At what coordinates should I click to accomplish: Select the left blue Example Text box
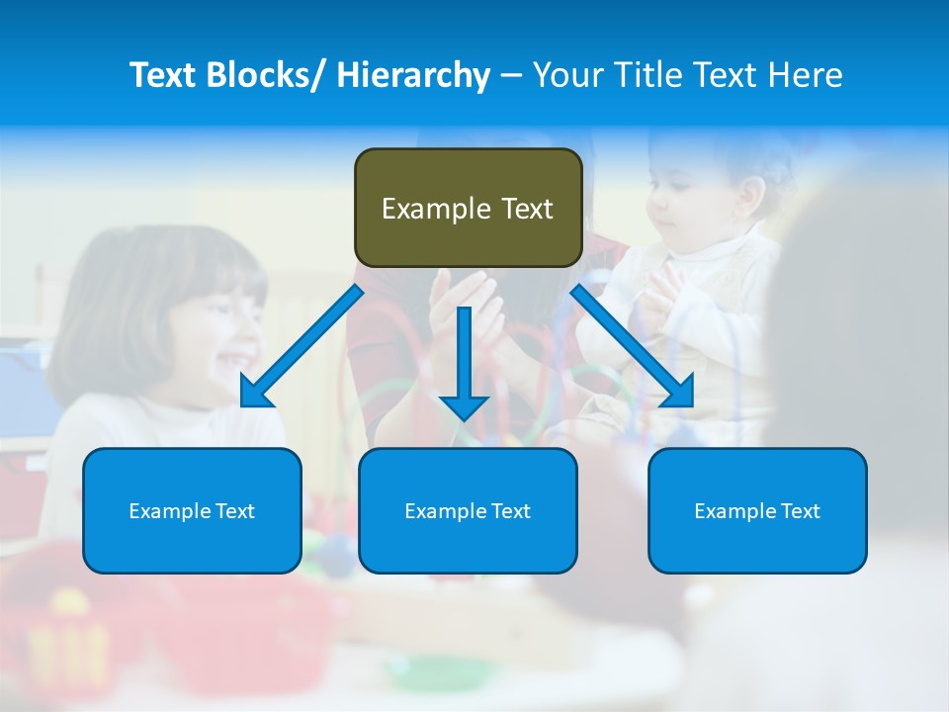pyautogui.click(x=192, y=510)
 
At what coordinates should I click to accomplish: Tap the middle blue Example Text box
pyautogui.click(x=468, y=510)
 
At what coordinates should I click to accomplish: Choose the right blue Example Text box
pyautogui.click(x=757, y=510)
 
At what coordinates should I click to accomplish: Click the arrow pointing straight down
pyautogui.click(x=465, y=361)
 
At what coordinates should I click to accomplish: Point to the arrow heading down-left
pyautogui.click(x=302, y=346)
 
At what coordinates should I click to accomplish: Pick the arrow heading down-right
pyautogui.click(x=633, y=346)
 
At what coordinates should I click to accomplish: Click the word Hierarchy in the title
pyautogui.click(x=412, y=75)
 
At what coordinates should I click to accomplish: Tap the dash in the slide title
pyautogui.click(x=510, y=75)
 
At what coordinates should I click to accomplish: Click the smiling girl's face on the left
pyautogui.click(x=213, y=326)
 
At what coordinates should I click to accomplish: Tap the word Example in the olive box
pyautogui.click(x=422, y=209)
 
